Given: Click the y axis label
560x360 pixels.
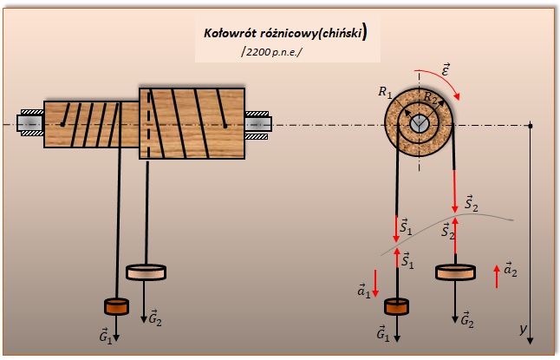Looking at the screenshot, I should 523,328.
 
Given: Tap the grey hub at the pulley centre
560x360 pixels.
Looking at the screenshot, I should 420,124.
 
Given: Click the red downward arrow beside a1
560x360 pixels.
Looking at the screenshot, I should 375,282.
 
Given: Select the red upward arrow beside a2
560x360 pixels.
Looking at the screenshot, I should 496,277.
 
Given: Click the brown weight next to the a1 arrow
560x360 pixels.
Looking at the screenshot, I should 396,306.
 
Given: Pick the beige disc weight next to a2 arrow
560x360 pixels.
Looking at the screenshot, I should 455,272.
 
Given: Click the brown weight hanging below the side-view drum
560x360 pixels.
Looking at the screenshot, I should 116,306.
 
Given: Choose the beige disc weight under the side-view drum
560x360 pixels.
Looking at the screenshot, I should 147,272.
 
